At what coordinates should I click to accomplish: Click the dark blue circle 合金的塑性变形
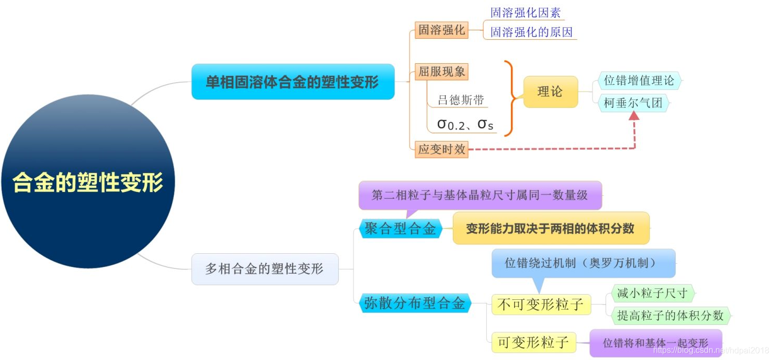[x=87, y=182]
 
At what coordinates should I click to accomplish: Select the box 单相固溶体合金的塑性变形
[x=293, y=82]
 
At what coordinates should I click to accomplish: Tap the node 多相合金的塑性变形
[x=265, y=269]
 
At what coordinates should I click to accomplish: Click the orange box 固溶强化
[x=441, y=30]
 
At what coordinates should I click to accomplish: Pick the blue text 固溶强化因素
[x=525, y=13]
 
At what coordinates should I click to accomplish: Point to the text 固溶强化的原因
[x=531, y=32]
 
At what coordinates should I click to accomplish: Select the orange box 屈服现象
[x=441, y=72]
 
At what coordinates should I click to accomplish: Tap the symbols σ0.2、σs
[x=465, y=125]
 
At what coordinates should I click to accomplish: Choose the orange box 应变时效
[x=441, y=149]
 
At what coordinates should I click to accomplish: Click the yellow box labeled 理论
[x=550, y=92]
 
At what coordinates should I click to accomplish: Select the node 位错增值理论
[x=639, y=81]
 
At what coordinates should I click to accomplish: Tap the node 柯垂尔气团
[x=633, y=103]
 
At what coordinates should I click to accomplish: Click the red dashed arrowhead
[x=634, y=116]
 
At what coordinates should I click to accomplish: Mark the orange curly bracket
[x=510, y=98]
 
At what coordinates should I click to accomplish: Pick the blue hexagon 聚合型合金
[x=400, y=229]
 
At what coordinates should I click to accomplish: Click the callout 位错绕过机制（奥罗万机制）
[x=583, y=263]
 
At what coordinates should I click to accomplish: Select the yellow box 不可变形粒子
[x=541, y=305]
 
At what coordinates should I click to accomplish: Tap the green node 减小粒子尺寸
[x=652, y=294]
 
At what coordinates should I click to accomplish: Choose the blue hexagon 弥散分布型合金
[x=415, y=303]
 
